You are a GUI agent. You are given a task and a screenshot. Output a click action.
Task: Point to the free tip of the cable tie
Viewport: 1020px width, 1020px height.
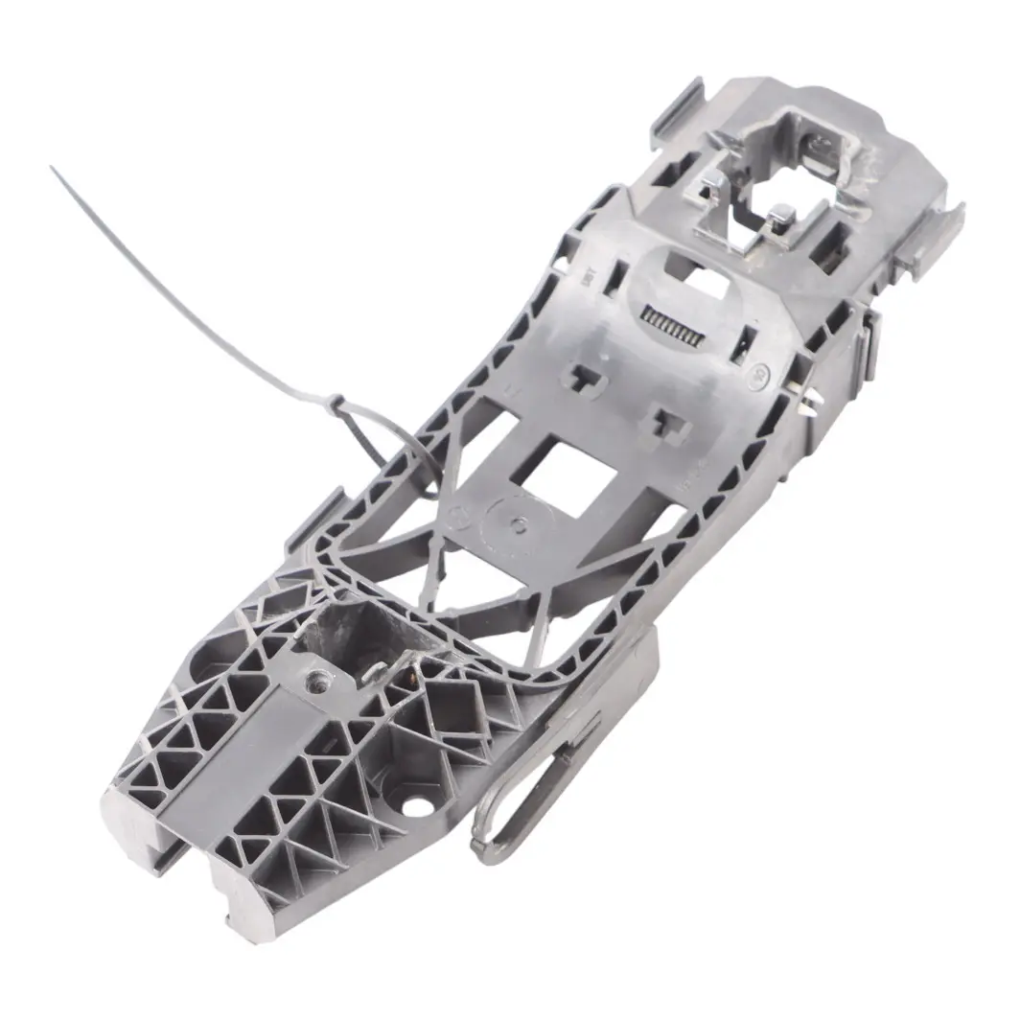[x=53, y=169]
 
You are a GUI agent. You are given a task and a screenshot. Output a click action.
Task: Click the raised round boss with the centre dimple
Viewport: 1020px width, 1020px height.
[x=516, y=523]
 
